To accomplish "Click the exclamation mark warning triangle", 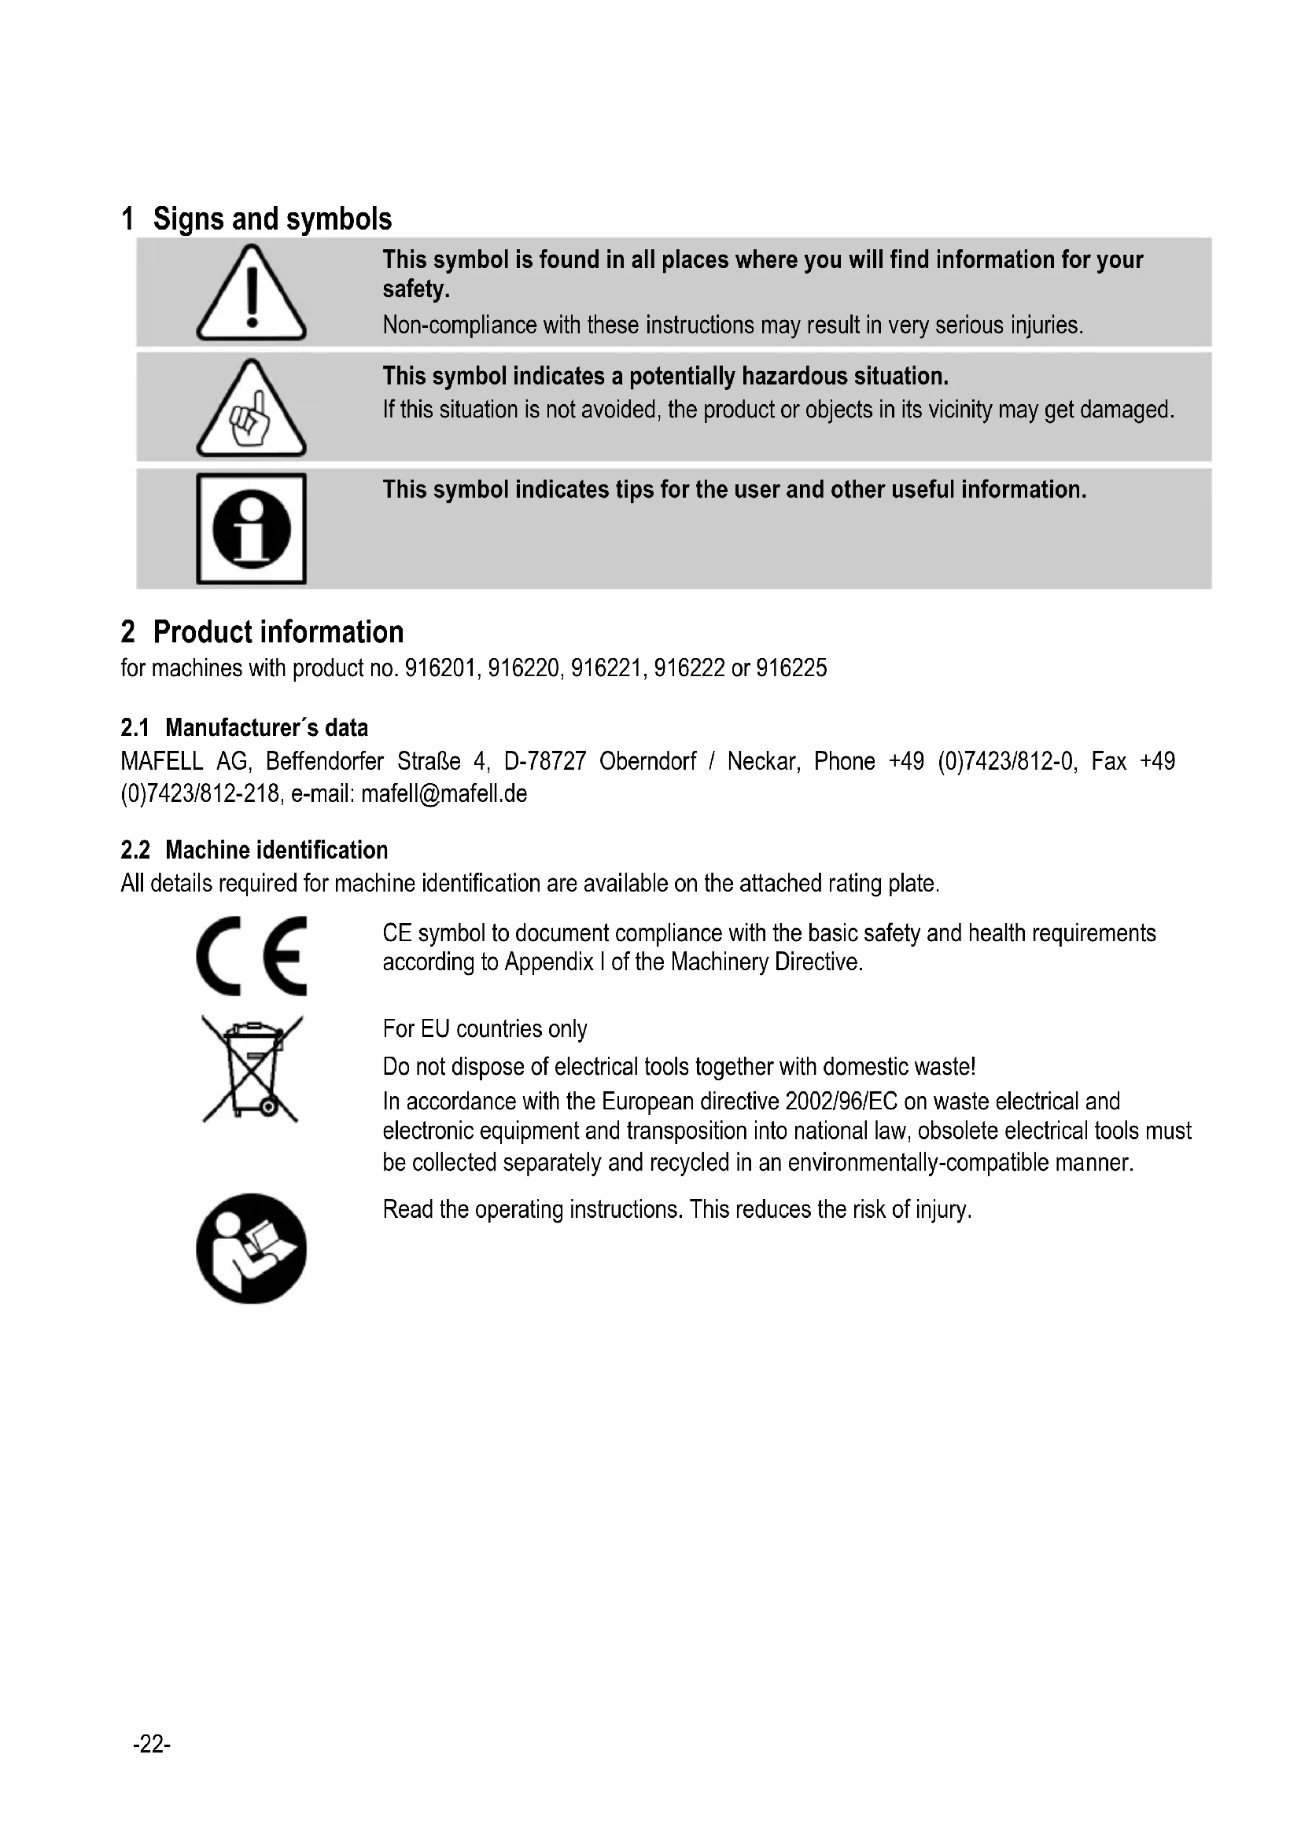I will [251, 293].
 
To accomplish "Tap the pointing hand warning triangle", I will [251, 410].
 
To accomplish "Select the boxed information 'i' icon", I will [251, 528].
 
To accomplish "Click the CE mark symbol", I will [251, 955].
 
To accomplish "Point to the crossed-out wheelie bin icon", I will [252, 1069].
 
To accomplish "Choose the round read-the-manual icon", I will [251, 1249].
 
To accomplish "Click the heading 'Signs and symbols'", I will [272, 219].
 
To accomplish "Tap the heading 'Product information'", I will [278, 632].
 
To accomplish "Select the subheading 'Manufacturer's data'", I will [267, 727].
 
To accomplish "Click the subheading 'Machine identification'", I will [276, 850].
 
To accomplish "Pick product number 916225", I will [791, 668].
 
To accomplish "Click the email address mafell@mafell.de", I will [444, 794].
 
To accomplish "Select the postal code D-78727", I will [545, 761].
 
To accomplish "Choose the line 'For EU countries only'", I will [485, 1028].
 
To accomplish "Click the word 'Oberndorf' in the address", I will [647, 761].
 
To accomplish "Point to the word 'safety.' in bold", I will [416, 289].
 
